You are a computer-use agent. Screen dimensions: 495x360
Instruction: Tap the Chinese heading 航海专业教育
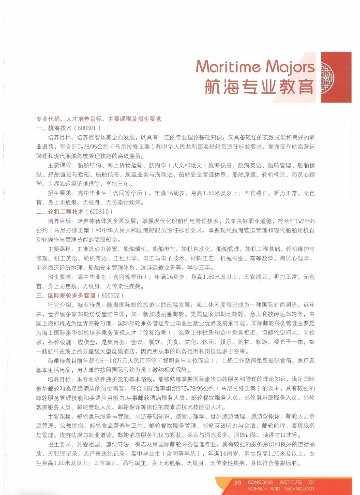pyautogui.click(x=259, y=87)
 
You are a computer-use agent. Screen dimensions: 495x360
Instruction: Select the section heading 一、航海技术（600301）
pyautogui.click(x=68, y=128)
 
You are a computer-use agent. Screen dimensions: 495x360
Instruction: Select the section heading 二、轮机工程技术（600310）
pyautogui.click(x=75, y=211)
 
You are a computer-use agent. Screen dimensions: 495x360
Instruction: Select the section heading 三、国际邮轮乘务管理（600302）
pyautogui.click(x=80, y=294)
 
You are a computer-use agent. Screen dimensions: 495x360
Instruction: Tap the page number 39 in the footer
pyautogui.click(x=238, y=482)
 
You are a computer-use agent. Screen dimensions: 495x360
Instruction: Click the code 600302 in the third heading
pyautogui.click(x=111, y=294)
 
